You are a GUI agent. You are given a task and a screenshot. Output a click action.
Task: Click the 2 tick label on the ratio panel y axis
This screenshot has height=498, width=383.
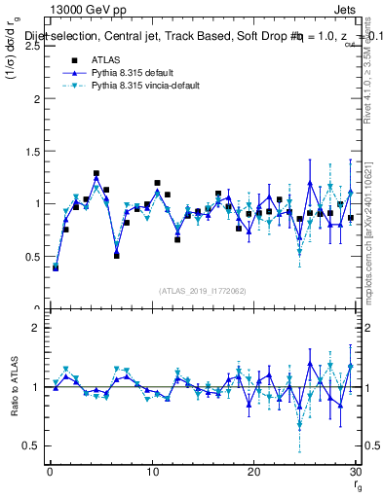click(x=37, y=328)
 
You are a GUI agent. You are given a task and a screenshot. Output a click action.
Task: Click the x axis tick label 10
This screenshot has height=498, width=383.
click(x=152, y=472)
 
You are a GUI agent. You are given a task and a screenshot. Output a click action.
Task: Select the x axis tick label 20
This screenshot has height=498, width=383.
click(x=253, y=472)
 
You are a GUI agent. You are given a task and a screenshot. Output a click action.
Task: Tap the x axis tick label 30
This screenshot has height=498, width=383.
click(x=355, y=472)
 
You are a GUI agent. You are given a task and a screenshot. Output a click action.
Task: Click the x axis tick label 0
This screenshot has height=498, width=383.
click(x=51, y=472)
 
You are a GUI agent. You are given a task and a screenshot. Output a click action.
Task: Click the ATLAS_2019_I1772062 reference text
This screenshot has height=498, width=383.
click(x=203, y=290)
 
